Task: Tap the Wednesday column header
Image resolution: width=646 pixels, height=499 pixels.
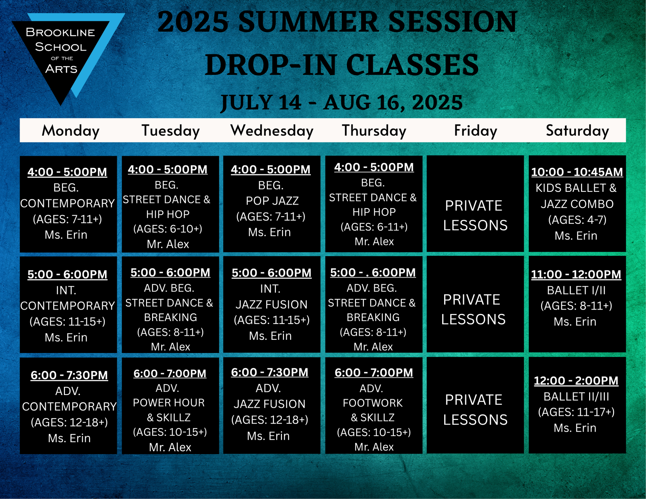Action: pyautogui.click(x=272, y=131)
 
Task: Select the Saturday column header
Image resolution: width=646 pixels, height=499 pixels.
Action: pyautogui.click(x=577, y=131)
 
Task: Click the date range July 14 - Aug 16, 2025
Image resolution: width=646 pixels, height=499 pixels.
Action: pyautogui.click(x=342, y=102)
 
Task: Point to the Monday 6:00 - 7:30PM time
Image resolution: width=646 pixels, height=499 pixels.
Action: pyautogui.click(x=69, y=375)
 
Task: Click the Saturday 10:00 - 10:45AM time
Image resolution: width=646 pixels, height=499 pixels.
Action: pyautogui.click(x=577, y=172)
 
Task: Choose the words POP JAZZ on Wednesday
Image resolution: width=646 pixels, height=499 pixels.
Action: pyautogui.click(x=272, y=201)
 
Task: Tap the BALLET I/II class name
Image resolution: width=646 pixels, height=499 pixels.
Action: pyautogui.click(x=576, y=290)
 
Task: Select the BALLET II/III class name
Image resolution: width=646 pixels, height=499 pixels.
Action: pyautogui.click(x=576, y=397)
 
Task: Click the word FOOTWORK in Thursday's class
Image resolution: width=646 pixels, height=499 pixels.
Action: pyautogui.click(x=373, y=403)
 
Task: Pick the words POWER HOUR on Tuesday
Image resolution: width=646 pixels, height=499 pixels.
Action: pyautogui.click(x=169, y=403)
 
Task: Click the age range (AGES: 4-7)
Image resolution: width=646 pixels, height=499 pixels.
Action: pyautogui.click(x=577, y=220)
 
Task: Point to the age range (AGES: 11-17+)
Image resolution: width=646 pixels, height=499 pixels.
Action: pyautogui.click(x=576, y=412)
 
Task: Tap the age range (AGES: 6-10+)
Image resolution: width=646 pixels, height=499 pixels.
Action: pyautogui.click(x=168, y=229)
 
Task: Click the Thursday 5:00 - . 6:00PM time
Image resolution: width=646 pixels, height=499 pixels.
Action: pyautogui.click(x=373, y=273)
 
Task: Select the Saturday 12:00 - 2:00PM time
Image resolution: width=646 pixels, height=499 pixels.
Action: pyautogui.click(x=576, y=381)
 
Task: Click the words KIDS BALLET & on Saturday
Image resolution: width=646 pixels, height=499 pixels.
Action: pyautogui.click(x=576, y=188)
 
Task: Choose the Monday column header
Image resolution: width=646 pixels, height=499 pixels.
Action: pyautogui.click(x=71, y=131)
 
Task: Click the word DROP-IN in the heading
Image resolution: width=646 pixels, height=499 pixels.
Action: pyautogui.click(x=271, y=65)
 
